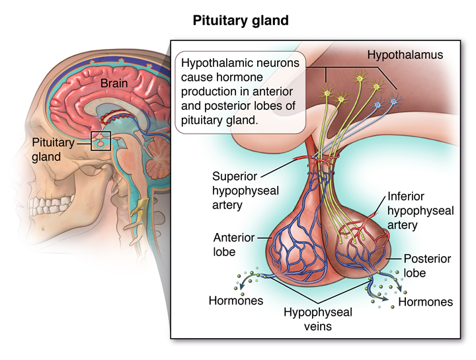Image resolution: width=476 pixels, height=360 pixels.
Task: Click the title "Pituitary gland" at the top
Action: [241, 21]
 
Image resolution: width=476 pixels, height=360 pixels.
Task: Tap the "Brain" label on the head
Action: [114, 83]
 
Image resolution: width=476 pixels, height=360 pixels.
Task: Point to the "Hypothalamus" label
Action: [405, 55]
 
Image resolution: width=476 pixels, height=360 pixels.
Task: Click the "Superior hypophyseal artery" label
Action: [245, 191]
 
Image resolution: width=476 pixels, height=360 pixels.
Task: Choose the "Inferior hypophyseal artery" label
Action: [420, 210]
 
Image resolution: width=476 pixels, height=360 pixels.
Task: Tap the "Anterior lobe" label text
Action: [234, 245]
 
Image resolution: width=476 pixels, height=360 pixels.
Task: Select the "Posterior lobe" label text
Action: [427, 266]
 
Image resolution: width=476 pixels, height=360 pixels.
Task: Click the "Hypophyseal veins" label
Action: [318, 319]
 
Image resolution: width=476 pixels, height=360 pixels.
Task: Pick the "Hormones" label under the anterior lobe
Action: [236, 300]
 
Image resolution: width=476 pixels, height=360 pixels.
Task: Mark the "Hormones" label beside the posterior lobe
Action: [425, 302]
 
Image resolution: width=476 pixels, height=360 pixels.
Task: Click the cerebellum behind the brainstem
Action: [158, 158]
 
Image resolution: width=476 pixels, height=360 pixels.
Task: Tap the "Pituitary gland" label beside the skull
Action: [53, 150]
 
